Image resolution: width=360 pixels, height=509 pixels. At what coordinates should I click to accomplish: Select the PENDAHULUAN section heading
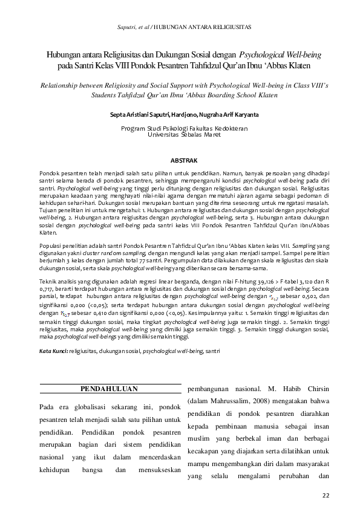(110, 389)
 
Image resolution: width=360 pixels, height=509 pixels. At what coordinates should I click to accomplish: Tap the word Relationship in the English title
(63, 86)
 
